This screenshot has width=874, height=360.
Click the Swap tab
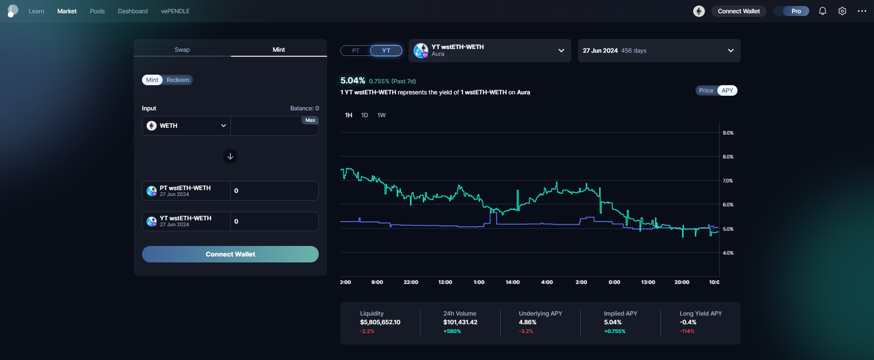click(x=182, y=49)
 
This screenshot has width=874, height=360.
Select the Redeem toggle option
click(x=178, y=80)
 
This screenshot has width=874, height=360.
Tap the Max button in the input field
click(x=310, y=120)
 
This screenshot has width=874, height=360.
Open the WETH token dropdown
click(x=186, y=125)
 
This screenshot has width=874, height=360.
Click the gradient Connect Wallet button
click(x=230, y=254)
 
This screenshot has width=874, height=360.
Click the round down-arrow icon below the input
click(x=230, y=156)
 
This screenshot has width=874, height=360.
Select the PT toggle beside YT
click(x=355, y=50)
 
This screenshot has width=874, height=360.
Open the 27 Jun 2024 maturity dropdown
click(x=659, y=50)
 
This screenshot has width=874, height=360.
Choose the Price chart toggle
click(x=706, y=91)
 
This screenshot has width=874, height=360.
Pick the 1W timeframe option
click(x=381, y=115)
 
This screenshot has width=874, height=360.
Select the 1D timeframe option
click(x=365, y=115)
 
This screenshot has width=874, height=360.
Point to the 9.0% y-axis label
click(x=728, y=133)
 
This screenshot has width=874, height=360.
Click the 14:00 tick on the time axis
click(x=513, y=282)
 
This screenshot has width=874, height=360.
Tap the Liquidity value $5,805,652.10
click(x=380, y=322)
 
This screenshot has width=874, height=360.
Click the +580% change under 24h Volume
click(x=452, y=331)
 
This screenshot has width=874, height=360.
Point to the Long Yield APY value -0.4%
click(x=688, y=322)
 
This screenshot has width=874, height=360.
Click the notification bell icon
click(x=822, y=11)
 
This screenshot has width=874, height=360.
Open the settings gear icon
click(x=842, y=11)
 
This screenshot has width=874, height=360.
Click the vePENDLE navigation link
click(x=175, y=11)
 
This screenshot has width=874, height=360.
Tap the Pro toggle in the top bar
click(x=796, y=11)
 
